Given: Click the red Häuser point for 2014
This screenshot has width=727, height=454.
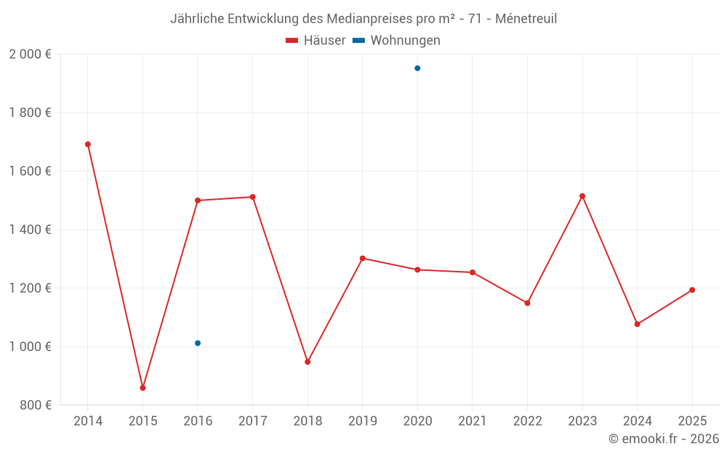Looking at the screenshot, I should click(88, 145).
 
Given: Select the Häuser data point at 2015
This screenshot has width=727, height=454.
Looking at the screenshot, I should click(142, 388).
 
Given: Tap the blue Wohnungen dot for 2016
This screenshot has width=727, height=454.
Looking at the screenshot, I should click(198, 343).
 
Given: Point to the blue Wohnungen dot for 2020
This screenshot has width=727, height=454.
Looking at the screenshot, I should click(417, 68).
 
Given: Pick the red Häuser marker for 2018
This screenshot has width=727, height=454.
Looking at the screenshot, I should click(308, 362).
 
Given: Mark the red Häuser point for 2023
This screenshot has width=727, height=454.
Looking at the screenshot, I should click(582, 196).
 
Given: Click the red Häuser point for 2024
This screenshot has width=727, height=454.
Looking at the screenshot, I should click(638, 324).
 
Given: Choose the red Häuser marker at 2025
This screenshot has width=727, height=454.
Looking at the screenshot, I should click(692, 290).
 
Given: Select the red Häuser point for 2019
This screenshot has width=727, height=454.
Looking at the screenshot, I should click(363, 258).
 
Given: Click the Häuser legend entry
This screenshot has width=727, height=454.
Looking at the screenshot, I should click(316, 41).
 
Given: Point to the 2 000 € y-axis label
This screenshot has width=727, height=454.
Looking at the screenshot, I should click(30, 54).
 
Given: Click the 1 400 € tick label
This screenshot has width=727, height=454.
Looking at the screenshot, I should click(30, 230).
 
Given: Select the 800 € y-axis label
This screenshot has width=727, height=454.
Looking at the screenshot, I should click(35, 405).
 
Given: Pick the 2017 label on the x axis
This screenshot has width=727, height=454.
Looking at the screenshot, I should click(252, 421).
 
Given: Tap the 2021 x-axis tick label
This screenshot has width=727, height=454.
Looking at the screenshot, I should click(473, 421).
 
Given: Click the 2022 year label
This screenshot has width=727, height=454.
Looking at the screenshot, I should click(527, 421).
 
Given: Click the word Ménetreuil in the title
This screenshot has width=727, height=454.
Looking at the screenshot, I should click(526, 19).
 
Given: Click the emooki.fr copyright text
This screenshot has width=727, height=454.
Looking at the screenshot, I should click(664, 439).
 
